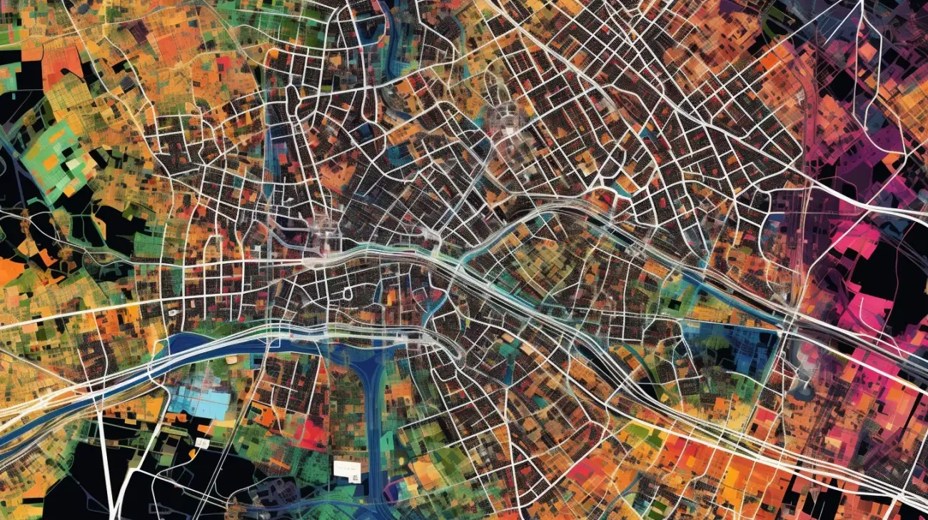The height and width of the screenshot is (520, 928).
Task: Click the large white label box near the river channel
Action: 346,470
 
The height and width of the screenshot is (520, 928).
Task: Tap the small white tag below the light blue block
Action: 202,443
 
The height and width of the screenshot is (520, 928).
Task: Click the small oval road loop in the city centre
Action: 348,292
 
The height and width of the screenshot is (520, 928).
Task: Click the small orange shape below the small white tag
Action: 193,454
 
